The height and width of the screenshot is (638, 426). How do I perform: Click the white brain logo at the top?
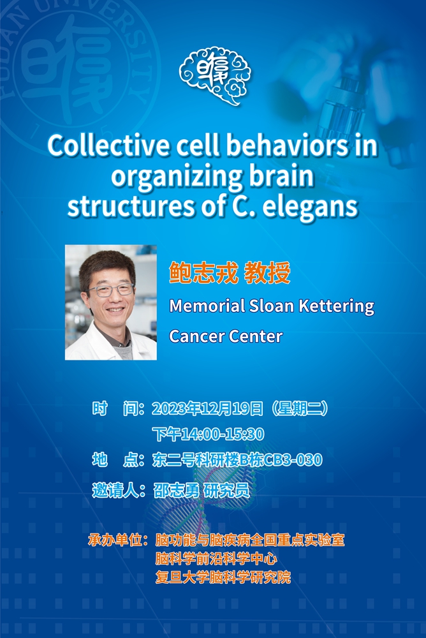pos(214,76)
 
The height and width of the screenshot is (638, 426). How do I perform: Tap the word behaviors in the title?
pos(287,145)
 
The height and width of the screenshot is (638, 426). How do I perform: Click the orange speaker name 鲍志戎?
pos(203,272)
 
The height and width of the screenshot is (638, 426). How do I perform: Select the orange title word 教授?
pos(267,272)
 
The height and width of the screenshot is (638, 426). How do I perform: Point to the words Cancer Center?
pos(226,336)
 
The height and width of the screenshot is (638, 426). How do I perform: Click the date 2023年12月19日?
pos(207,408)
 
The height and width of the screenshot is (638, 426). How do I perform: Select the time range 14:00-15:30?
pos(223,434)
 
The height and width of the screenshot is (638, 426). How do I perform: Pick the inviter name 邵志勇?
pos(176,490)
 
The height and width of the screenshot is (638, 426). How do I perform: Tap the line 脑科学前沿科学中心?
pos(216,559)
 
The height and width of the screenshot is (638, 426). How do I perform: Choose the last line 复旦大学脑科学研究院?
pos(223,577)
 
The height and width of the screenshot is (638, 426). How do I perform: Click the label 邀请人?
pos(115,490)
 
